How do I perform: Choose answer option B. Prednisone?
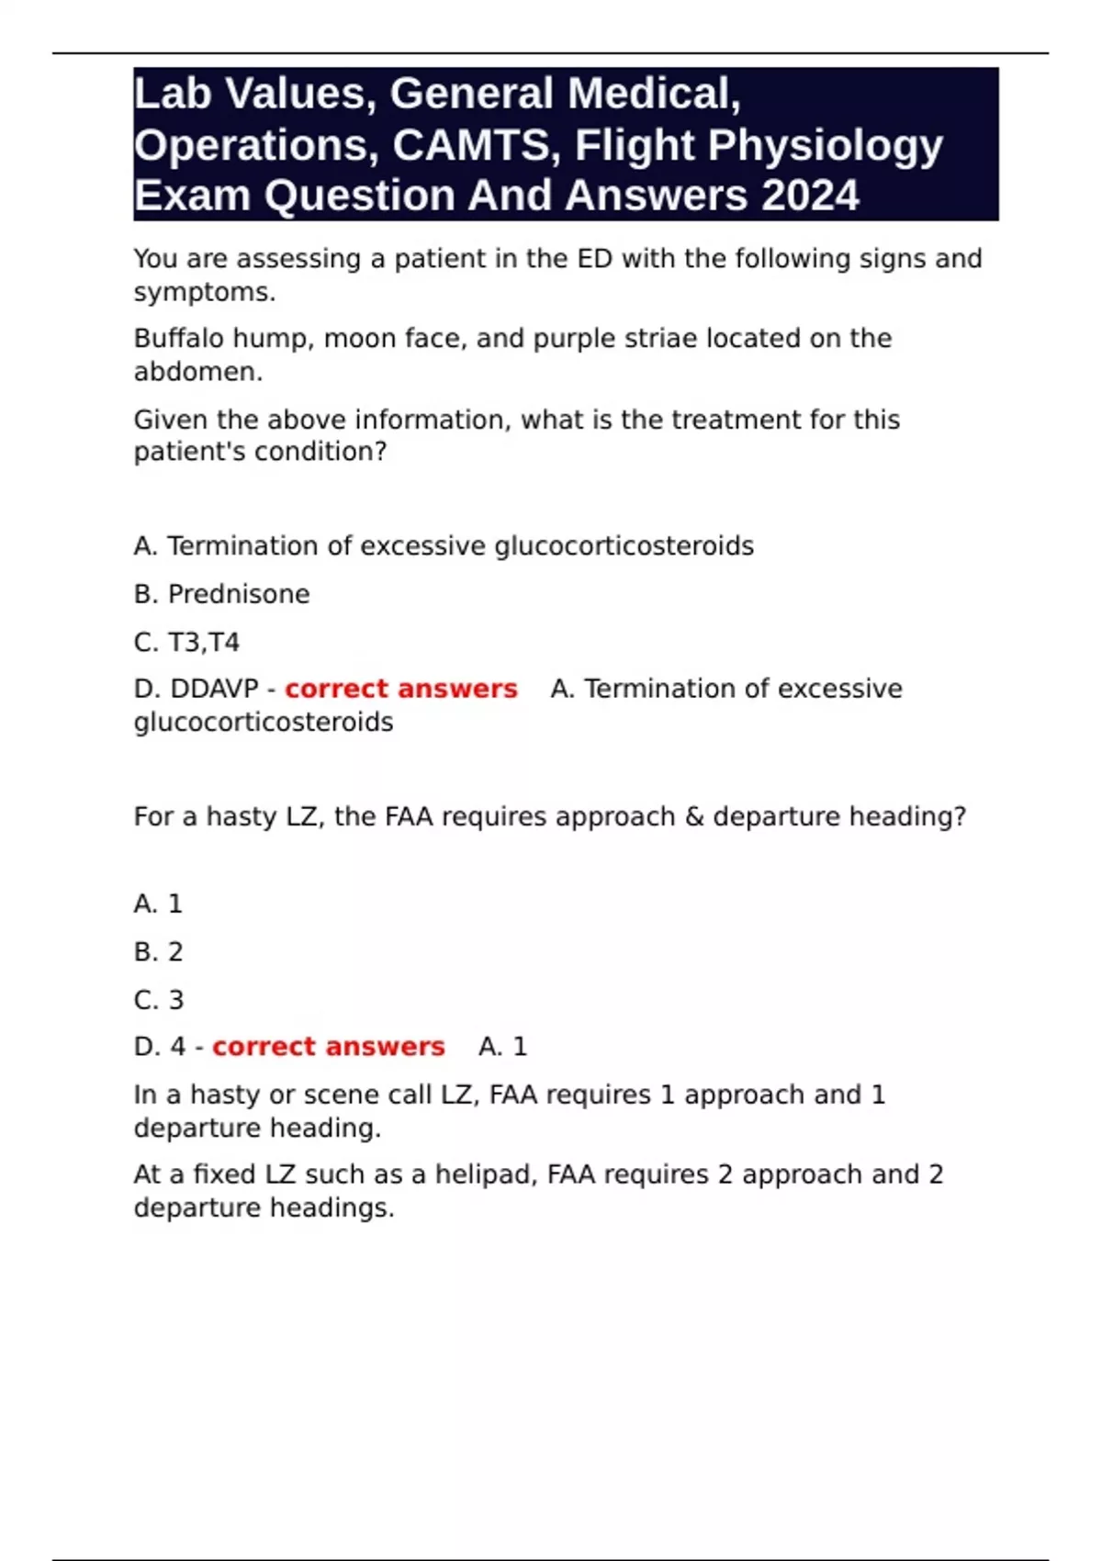click(221, 594)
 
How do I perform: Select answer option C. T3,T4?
click(186, 642)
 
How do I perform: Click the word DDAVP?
click(215, 689)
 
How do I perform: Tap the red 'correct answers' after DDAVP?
click(400, 689)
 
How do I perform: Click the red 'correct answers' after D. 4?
click(328, 1047)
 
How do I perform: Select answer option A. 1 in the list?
click(158, 904)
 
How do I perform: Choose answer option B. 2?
click(158, 951)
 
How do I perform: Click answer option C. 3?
click(158, 999)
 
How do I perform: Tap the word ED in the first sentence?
click(594, 259)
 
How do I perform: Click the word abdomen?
click(197, 372)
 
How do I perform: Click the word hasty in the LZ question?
click(241, 816)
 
